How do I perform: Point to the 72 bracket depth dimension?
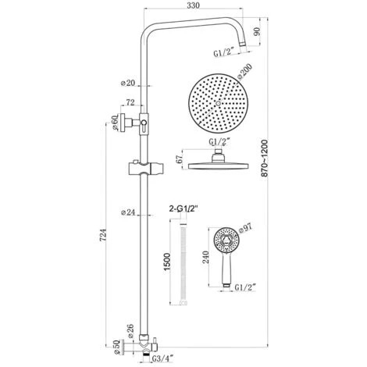click(129, 103)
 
